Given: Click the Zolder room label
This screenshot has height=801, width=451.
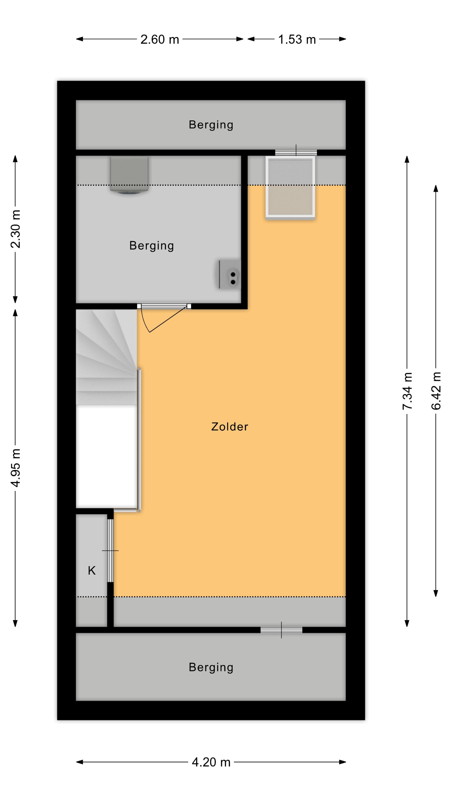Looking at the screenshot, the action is [229, 427].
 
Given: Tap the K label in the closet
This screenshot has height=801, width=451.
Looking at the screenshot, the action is [92, 571].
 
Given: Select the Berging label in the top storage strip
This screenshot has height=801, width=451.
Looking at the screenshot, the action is [211, 125].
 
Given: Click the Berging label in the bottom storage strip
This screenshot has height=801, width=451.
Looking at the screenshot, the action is [211, 667].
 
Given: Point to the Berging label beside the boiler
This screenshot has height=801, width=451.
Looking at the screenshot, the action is [152, 246].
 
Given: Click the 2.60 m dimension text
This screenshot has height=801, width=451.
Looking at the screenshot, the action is [160, 39].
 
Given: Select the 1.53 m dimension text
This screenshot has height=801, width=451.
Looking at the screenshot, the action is [297, 39].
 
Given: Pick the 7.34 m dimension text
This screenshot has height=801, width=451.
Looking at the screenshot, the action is [407, 391].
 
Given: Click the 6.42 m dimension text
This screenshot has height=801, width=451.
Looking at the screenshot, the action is [436, 391].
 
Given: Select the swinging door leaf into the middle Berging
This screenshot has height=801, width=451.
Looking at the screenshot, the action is [168, 319].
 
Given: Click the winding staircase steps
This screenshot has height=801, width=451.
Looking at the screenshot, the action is [106, 357].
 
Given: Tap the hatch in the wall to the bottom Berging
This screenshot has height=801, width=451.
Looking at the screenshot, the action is [281, 630].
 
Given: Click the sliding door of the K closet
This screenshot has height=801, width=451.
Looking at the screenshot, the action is [110, 551].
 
